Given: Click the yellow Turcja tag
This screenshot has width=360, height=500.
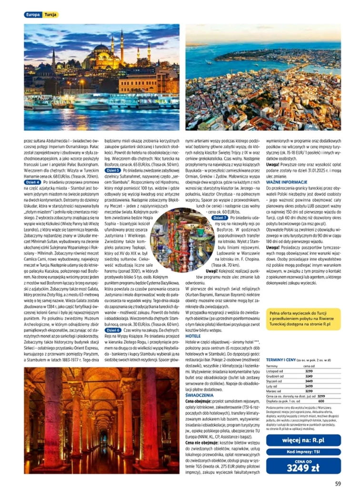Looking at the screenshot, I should [x=50, y=15].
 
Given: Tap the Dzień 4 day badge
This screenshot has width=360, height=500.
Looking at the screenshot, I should [x=32, y=182].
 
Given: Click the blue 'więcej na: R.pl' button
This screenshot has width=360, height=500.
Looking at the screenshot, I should [x=303, y=440].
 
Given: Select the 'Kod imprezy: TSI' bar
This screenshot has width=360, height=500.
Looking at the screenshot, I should [x=303, y=452].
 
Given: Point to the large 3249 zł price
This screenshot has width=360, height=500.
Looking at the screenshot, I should [x=303, y=468].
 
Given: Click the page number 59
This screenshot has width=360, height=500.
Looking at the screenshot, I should [x=338, y=484].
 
